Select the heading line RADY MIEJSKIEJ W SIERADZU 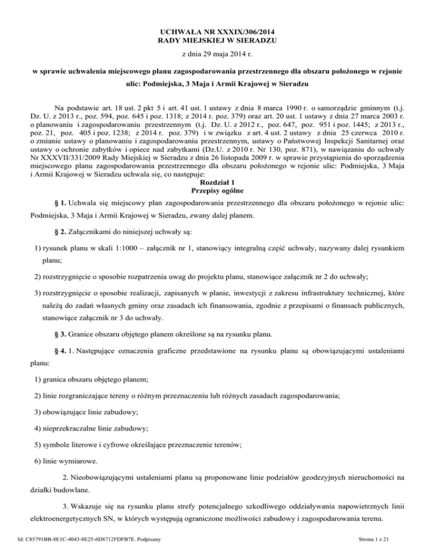click(x=212, y=41)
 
